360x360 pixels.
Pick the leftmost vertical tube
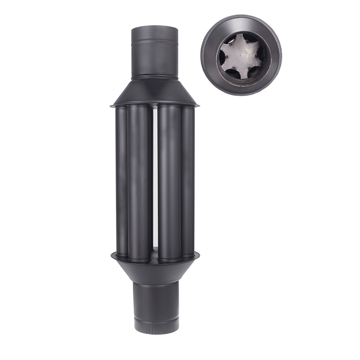click(121, 180)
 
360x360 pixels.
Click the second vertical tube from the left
click(139, 180)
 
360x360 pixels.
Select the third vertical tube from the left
click(169, 180)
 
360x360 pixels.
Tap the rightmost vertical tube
click(188, 180)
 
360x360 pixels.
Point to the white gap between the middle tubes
click(154, 180)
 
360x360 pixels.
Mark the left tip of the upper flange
click(111, 105)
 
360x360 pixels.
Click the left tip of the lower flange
click(111, 255)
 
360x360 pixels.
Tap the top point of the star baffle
click(240, 38)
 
